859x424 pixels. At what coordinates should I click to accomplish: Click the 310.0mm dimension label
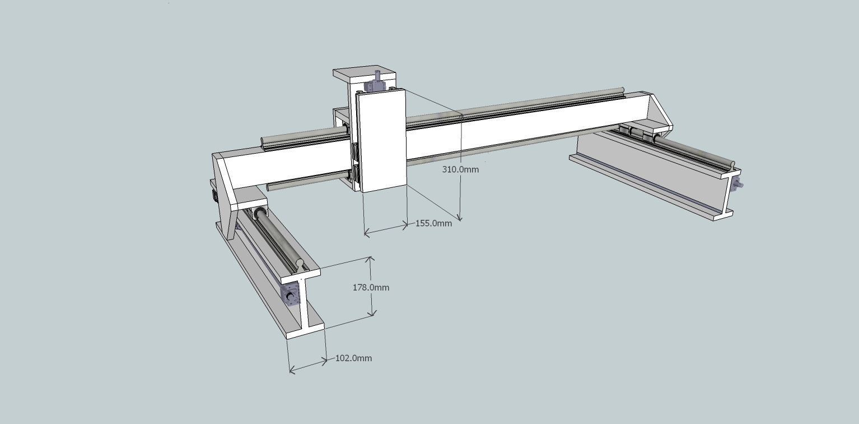pyautogui.click(x=460, y=169)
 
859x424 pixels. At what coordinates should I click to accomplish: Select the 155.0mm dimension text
pyautogui.click(x=433, y=223)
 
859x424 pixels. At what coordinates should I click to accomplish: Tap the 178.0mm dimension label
pyautogui.click(x=371, y=287)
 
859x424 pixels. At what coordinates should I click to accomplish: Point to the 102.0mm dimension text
pyautogui.click(x=353, y=358)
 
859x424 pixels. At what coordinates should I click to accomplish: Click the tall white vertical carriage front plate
pyautogui.click(x=381, y=140)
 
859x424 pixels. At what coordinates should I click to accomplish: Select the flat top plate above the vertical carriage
pyautogui.click(x=364, y=74)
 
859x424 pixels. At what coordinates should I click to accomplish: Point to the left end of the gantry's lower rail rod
pyautogui.click(x=270, y=186)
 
